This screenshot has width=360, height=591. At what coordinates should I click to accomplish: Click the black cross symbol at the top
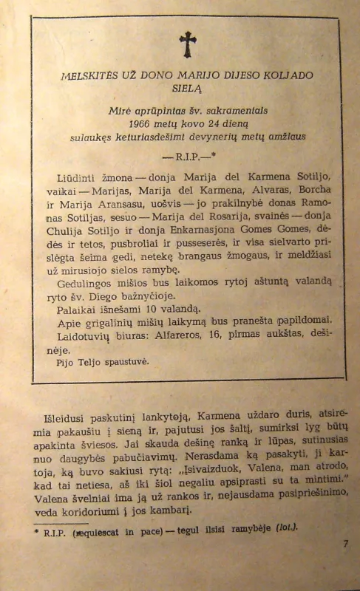[188, 44]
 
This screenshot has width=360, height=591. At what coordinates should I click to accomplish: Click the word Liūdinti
[76, 178]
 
